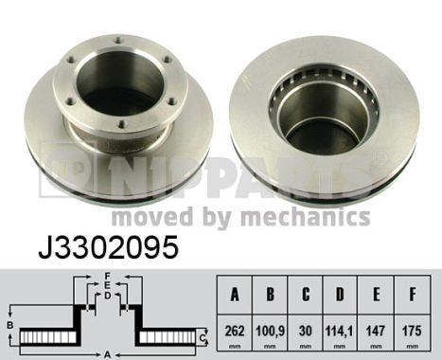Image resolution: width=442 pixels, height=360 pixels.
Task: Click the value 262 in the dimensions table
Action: click(236, 333)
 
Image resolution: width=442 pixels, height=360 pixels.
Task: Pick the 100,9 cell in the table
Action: click(272, 333)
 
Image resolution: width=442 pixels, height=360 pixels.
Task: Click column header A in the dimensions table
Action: click(236, 294)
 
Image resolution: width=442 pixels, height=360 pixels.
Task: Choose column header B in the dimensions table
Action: click(272, 294)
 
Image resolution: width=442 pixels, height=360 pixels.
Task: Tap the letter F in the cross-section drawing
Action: click(108, 276)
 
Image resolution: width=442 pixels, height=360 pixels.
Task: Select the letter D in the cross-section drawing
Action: click(108, 296)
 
